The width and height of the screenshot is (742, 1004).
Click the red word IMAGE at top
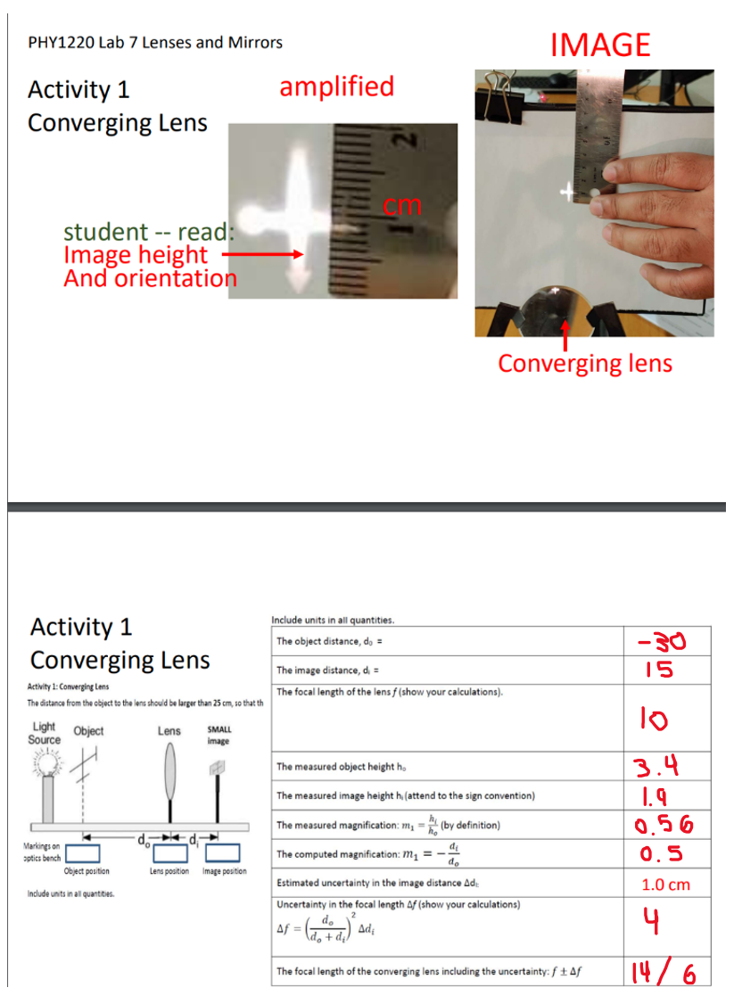click(600, 45)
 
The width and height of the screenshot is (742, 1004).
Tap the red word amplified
click(336, 86)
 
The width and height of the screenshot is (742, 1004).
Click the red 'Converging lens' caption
click(584, 364)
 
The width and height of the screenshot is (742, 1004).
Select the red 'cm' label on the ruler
click(401, 205)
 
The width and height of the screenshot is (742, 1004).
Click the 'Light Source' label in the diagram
click(45, 733)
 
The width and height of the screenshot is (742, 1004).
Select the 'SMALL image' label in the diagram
click(218, 736)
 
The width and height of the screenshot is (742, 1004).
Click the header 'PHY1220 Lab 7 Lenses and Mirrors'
click(156, 42)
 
